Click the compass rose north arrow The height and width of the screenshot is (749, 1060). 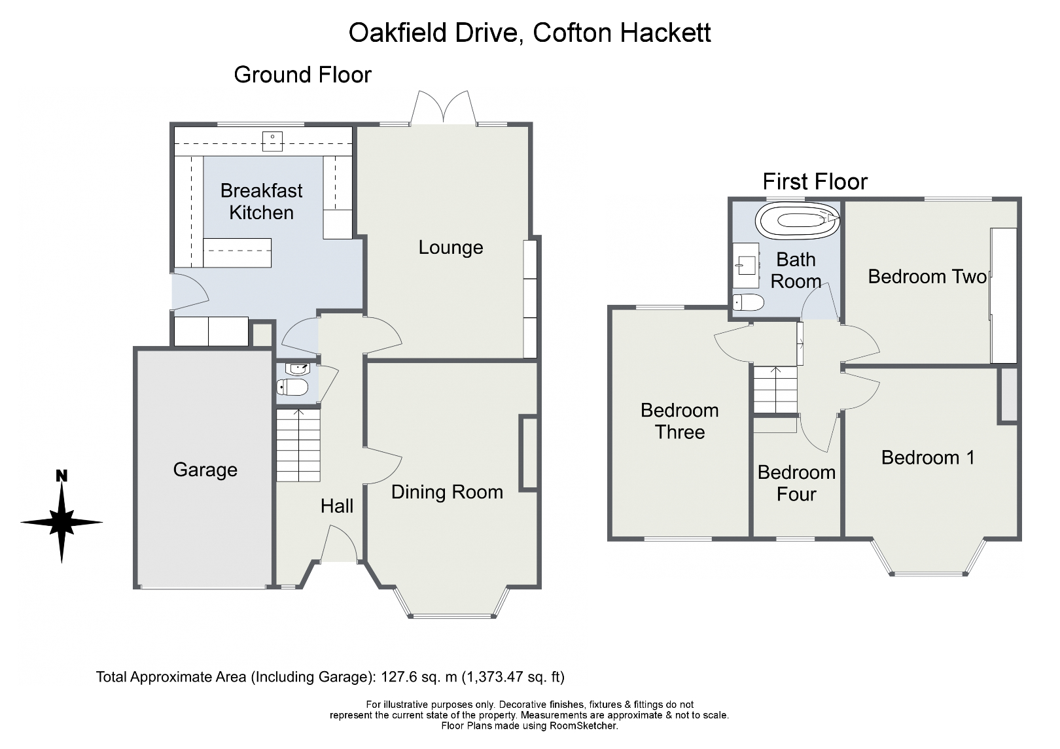pyautogui.click(x=62, y=516)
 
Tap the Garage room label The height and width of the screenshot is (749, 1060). pyautogui.click(x=205, y=470)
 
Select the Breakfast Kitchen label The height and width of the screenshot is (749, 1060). pyautogui.click(x=261, y=201)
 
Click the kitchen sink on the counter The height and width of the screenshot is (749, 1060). pyautogui.click(x=272, y=141)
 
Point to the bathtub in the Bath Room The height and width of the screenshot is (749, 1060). pyautogui.click(x=797, y=221)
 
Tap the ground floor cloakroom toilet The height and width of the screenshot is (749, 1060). pyautogui.click(x=292, y=388)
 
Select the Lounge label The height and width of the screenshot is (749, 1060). pyautogui.click(x=450, y=247)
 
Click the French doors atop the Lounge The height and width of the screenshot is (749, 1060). pyautogui.click(x=443, y=108)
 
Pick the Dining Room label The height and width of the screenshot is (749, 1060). pyautogui.click(x=447, y=492)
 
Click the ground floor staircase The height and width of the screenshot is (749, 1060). pyautogui.click(x=298, y=445)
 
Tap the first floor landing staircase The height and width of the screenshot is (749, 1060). pyautogui.click(x=775, y=390)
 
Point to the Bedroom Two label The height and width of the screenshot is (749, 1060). pyautogui.click(x=927, y=277)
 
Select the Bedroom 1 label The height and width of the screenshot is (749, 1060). pyautogui.click(x=927, y=457)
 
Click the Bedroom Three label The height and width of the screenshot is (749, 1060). pyautogui.click(x=679, y=421)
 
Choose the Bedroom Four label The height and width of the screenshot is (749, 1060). pyautogui.click(x=796, y=483)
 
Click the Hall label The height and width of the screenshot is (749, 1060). pyautogui.click(x=336, y=506)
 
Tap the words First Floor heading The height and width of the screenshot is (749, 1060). pyautogui.click(x=815, y=181)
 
